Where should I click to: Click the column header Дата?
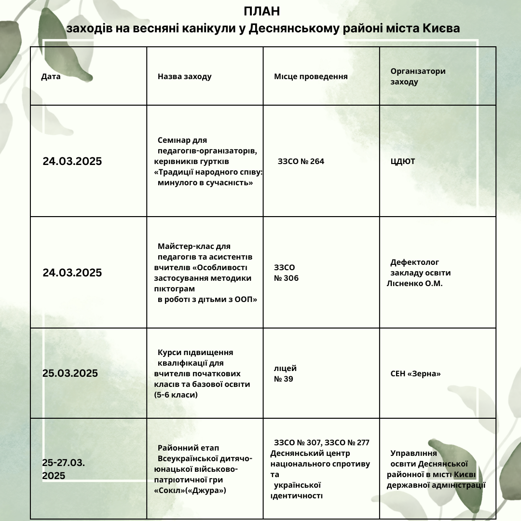[51, 77]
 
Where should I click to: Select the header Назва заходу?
[184, 77]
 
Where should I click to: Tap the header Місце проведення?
[311, 77]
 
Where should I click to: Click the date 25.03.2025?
[70, 373]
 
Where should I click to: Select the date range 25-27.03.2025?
[63, 469]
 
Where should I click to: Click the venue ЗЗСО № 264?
[301, 161]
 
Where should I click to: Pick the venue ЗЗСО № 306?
[286, 273]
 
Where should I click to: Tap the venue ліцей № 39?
[285, 373]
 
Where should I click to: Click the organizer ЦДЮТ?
[403, 161]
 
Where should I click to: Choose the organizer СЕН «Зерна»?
[415, 374]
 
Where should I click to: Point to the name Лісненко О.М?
[414, 283]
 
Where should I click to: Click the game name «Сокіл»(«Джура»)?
[190, 490]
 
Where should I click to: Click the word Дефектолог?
[414, 262]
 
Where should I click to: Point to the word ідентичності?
[297, 495]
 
